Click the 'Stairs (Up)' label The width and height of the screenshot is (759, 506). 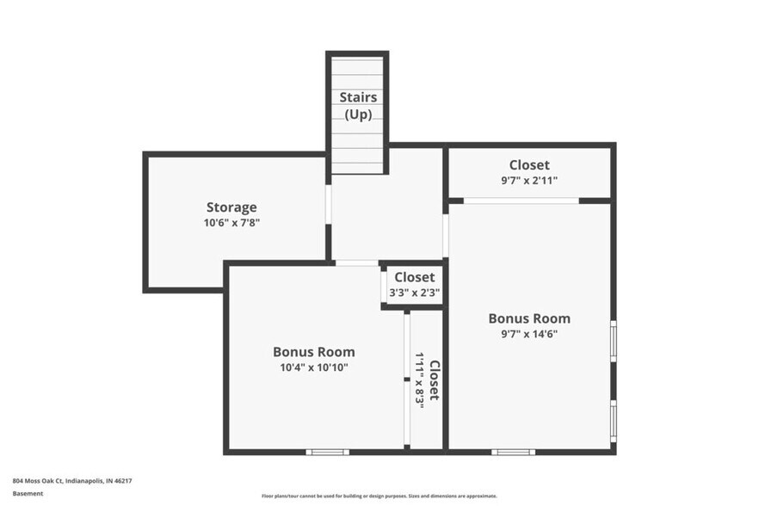[358, 106]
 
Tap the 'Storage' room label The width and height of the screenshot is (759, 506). [231, 207]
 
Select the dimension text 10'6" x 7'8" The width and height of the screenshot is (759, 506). [231, 223]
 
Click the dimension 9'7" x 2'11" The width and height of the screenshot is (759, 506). [528, 181]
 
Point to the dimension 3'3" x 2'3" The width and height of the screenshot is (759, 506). [415, 293]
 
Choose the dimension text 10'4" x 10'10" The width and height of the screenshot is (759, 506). [313, 367]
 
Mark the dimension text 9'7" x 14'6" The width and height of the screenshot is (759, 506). [528, 334]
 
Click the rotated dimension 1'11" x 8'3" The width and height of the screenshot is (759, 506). [419, 379]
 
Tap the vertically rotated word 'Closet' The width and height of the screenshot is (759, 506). [435, 379]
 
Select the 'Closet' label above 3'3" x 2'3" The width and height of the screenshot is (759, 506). [415, 277]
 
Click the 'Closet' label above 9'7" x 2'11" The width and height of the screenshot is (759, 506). [528, 165]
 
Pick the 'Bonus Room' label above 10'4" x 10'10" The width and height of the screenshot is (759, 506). [313, 352]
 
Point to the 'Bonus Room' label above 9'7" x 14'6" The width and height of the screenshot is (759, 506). [528, 318]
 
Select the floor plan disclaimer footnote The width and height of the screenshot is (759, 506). [379, 496]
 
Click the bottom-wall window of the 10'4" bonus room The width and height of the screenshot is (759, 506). [327, 451]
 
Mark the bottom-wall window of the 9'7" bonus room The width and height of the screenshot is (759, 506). [513, 451]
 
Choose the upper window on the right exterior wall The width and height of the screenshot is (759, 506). [613, 341]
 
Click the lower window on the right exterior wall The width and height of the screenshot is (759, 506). [613, 420]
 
